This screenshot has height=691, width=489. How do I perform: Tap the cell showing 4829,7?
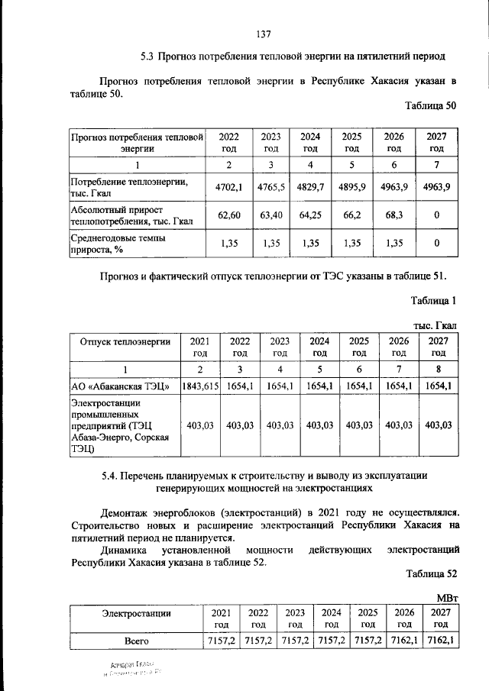pos(310,186)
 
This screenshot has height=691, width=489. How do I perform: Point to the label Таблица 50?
pos(430,106)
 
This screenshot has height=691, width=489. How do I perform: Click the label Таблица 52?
pos(430,573)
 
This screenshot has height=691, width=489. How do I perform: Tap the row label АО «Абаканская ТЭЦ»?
pos(119,387)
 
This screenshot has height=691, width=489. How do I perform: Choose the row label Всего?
pos(136,640)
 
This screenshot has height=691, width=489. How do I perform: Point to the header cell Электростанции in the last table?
pos(136,612)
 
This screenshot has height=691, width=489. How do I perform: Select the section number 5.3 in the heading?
pos(148,57)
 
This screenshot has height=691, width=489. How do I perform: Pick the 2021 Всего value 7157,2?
pos(220,640)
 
